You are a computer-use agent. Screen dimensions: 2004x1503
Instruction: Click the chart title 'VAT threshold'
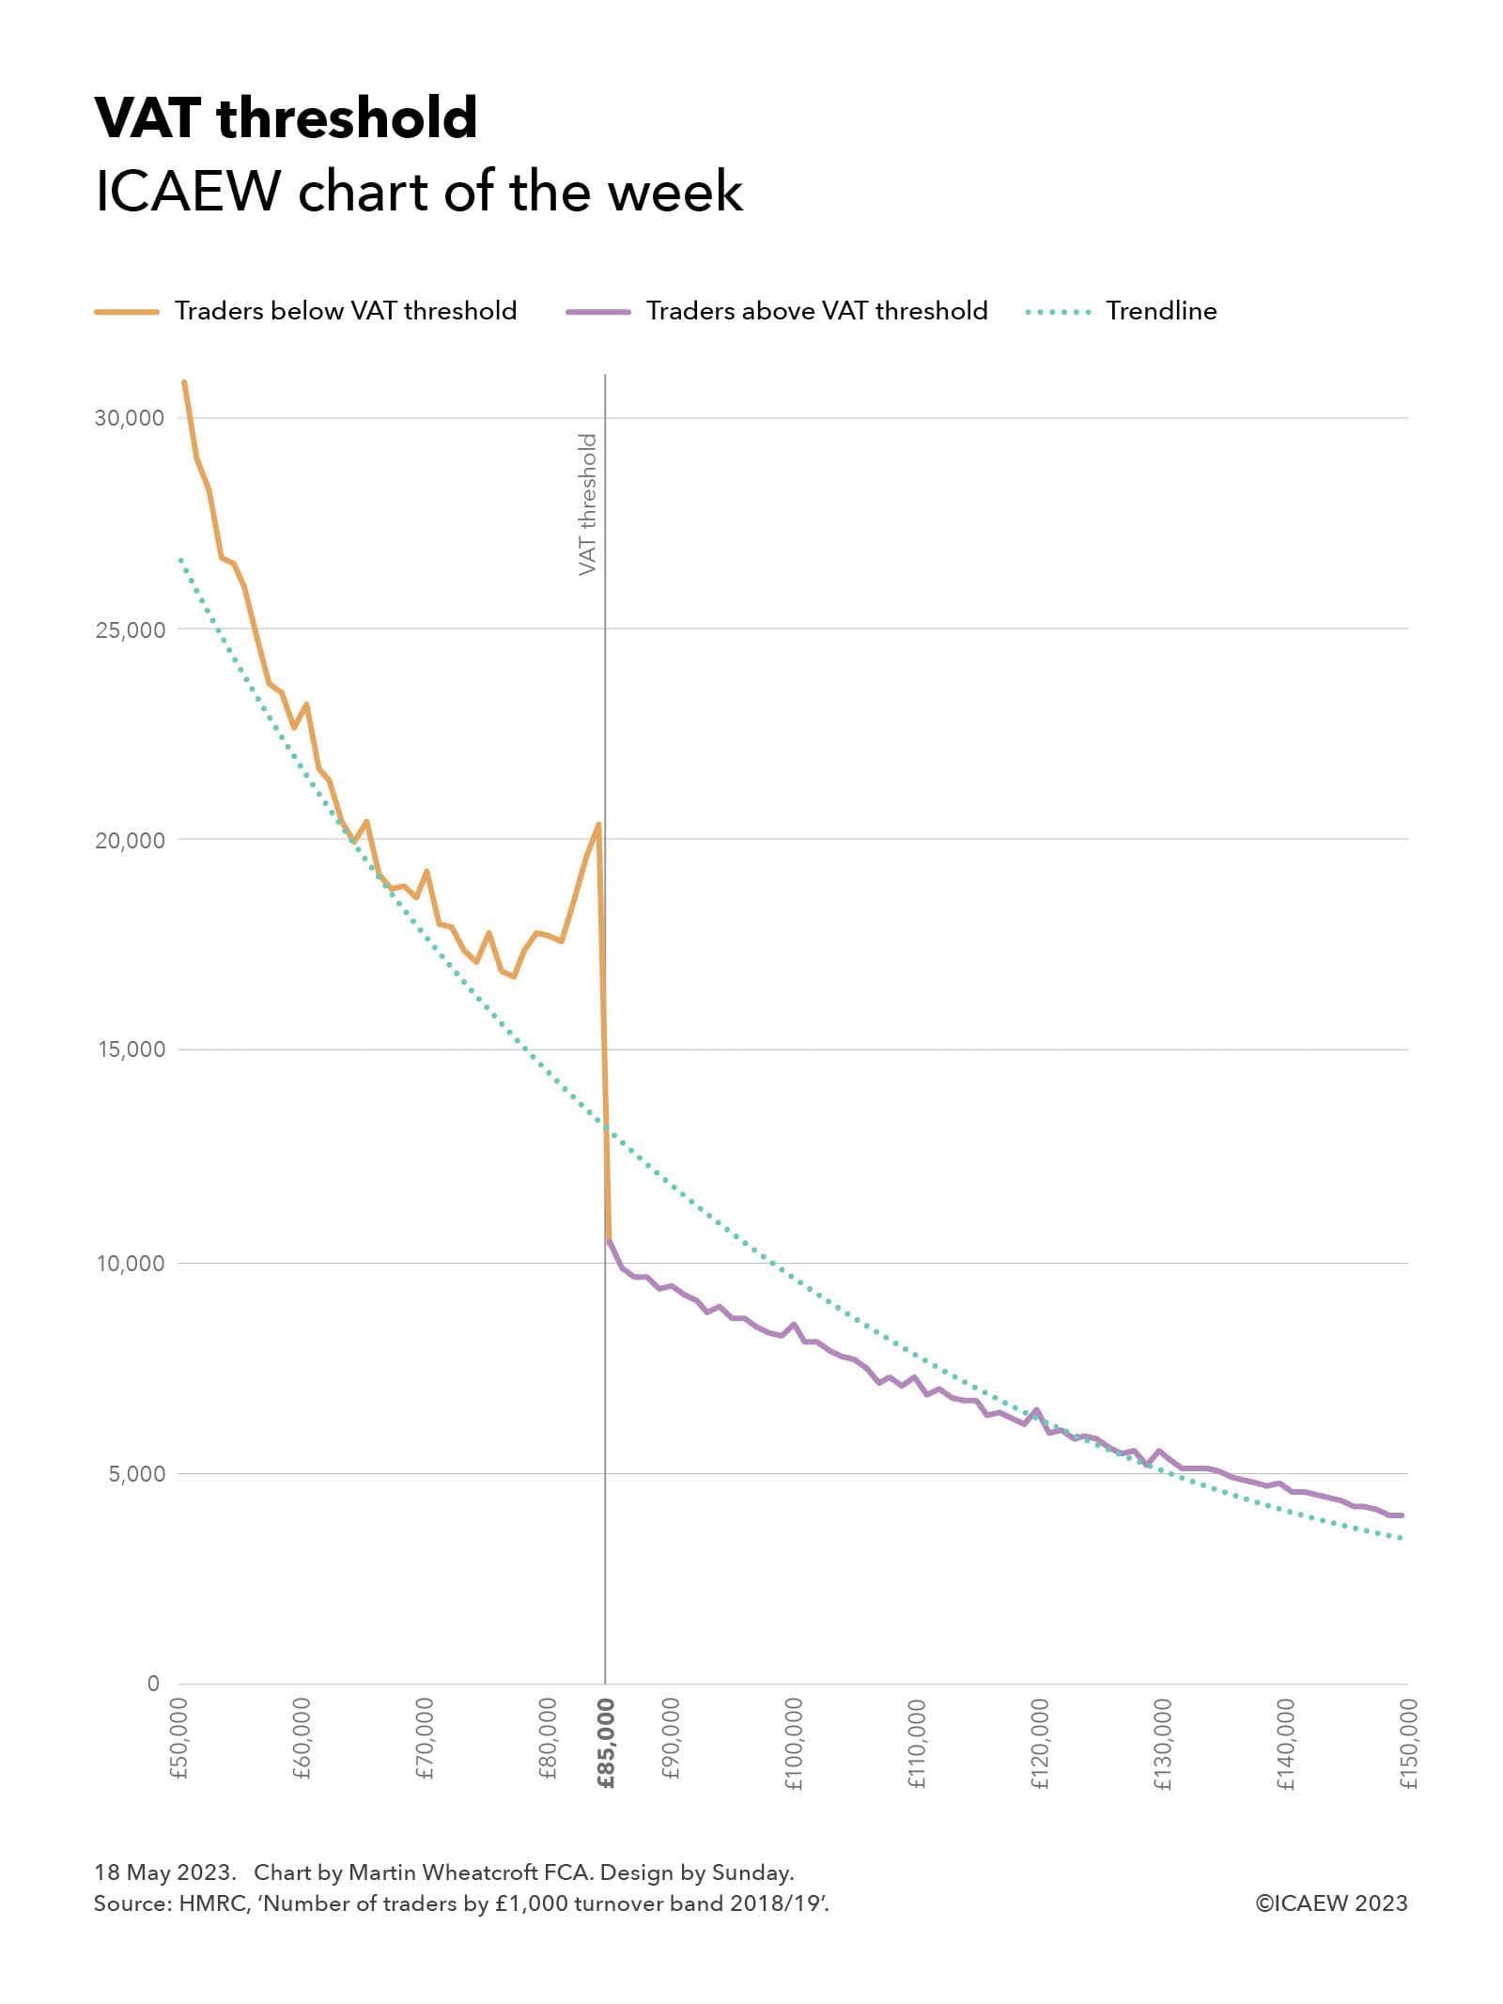[x=287, y=118]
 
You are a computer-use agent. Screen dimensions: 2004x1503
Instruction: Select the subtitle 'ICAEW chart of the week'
[x=419, y=192]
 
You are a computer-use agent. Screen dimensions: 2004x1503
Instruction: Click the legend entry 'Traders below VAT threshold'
[x=345, y=311]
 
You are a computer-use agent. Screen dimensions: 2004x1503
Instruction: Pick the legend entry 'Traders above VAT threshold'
[x=816, y=311]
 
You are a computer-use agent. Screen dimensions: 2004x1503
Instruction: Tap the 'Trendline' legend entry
[x=1161, y=311]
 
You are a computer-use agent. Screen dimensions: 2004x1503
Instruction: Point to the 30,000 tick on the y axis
[x=129, y=418]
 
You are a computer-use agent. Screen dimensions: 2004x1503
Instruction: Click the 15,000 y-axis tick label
[x=131, y=1049]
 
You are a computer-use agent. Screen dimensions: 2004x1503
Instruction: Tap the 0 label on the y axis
[x=153, y=1684]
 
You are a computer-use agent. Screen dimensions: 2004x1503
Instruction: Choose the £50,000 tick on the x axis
[x=179, y=1739]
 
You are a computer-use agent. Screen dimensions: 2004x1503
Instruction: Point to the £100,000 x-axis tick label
[x=794, y=1744]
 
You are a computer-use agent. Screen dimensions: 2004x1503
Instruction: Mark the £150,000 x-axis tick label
[x=1408, y=1744]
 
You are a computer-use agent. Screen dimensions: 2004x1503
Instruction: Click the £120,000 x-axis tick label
[x=1040, y=1744]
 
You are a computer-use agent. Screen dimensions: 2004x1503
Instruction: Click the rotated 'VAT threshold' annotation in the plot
[x=587, y=505]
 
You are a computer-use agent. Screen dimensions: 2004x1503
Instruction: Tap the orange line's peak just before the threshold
[x=598, y=824]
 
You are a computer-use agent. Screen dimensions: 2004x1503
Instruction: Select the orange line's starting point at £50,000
[x=184, y=382]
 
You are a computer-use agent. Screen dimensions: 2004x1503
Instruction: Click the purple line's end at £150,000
[x=1402, y=1515]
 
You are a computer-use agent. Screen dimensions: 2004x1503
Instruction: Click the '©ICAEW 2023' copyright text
[x=1331, y=1903]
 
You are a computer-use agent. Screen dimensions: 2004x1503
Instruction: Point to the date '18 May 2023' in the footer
[x=163, y=1872]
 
